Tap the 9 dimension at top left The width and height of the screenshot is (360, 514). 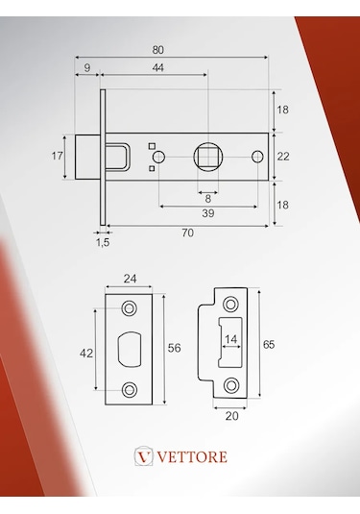[x=87, y=67]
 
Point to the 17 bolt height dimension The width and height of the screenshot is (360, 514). [x=58, y=156]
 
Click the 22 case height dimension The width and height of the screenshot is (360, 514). [x=282, y=156]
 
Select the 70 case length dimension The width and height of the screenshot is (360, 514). [x=188, y=233]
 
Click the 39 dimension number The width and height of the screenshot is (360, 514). [x=208, y=212]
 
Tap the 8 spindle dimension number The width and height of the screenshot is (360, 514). [x=207, y=198]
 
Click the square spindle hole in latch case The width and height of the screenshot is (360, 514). [x=208, y=156]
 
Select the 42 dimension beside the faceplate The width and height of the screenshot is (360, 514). [x=86, y=353]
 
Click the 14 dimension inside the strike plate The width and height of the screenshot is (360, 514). [x=231, y=339]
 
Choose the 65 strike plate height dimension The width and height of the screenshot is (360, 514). [x=268, y=344]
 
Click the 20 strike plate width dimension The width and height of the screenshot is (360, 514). [x=230, y=415]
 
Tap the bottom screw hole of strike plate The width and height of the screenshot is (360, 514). [x=231, y=384]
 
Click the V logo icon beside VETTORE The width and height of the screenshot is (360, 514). [x=145, y=455]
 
